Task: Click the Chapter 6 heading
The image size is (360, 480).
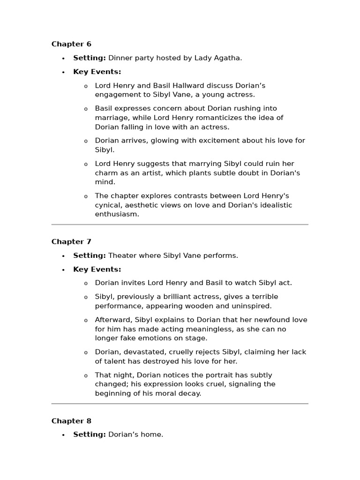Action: [71, 44]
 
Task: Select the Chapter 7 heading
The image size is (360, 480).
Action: [71, 242]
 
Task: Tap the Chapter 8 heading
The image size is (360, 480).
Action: [71, 421]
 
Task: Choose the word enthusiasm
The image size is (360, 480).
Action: [117, 214]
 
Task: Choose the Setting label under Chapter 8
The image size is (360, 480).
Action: [90, 435]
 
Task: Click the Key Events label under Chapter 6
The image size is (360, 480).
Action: [97, 72]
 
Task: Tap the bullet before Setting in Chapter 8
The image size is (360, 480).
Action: [63, 435]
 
